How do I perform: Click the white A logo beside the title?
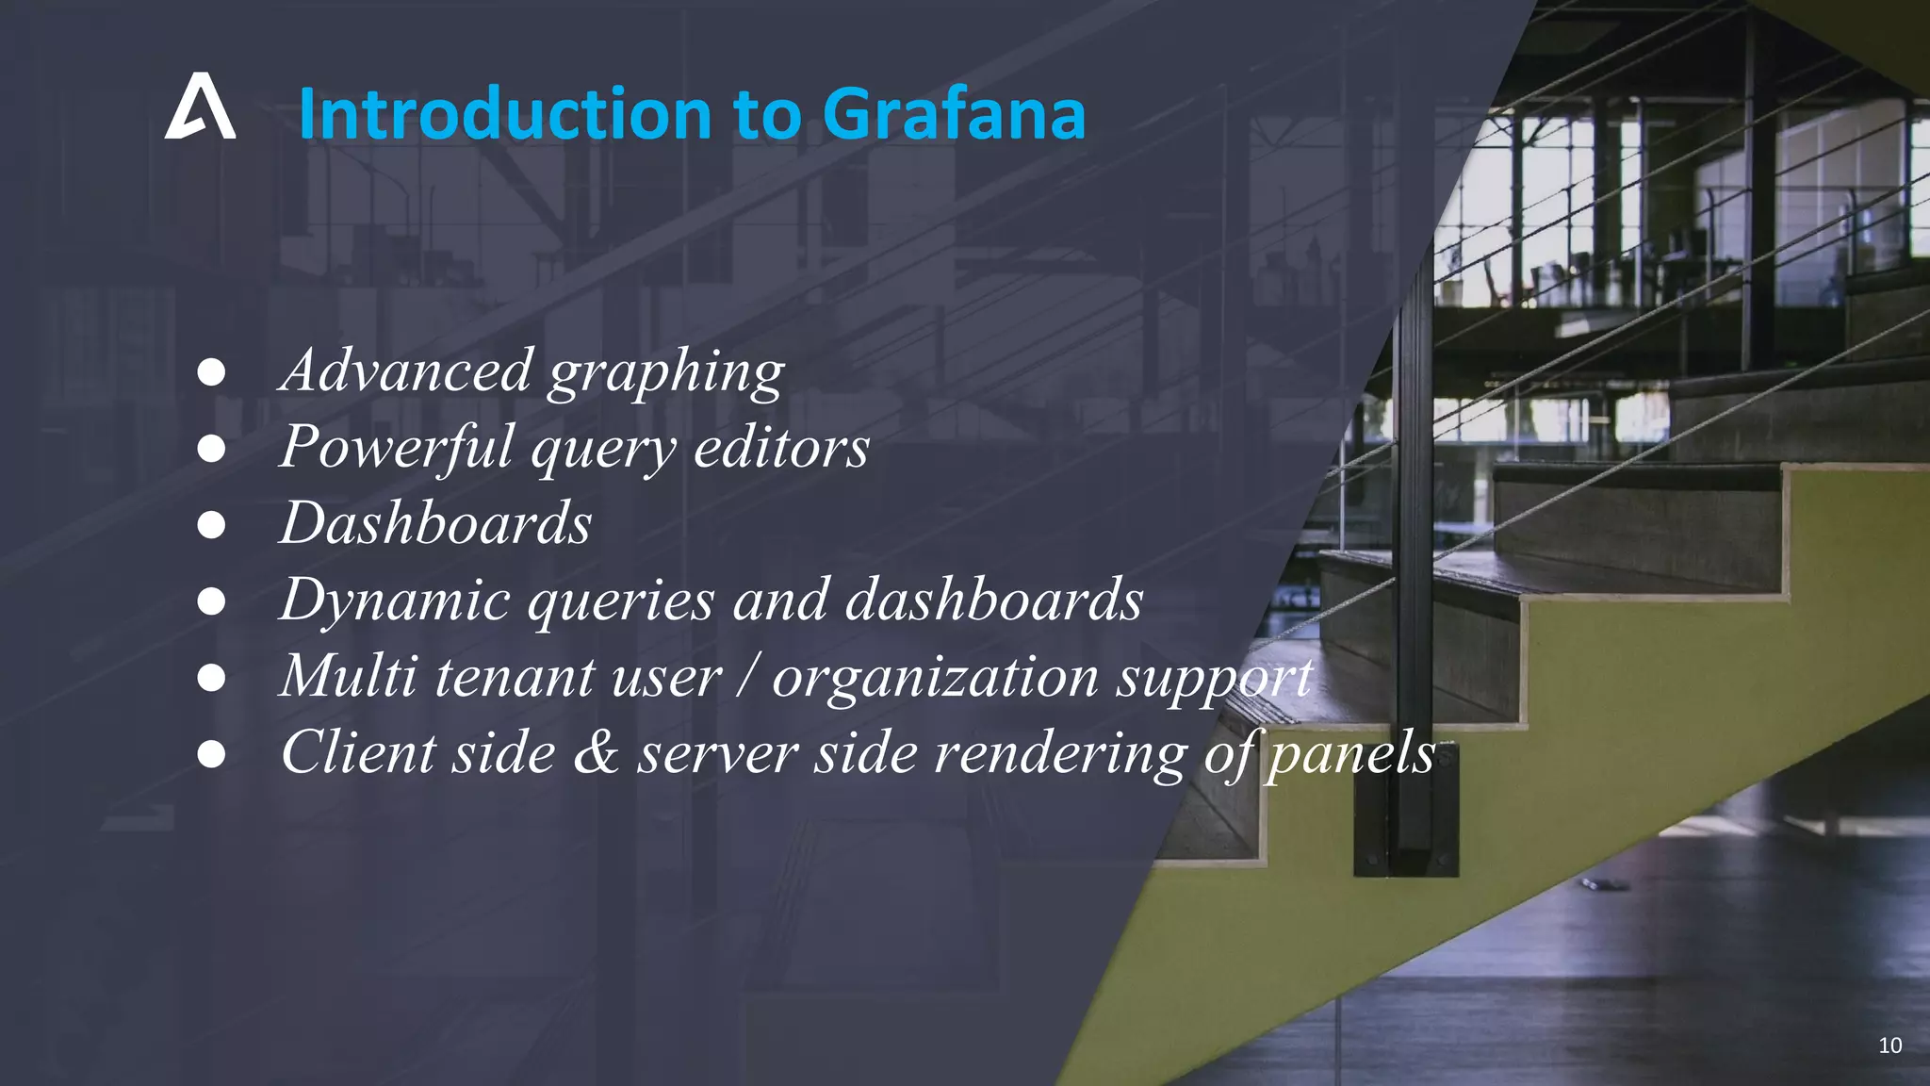(200, 107)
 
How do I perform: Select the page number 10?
(1889, 1045)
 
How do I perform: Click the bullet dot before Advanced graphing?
(211, 372)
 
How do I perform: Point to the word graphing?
(666, 372)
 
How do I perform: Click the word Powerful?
(396, 447)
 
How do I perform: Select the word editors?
(781, 447)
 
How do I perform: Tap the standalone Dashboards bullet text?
(435, 523)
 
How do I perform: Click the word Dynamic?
(396, 600)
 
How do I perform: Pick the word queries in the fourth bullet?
(620, 600)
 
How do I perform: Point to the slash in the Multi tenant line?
(747, 676)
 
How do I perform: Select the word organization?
(935, 676)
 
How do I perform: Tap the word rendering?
(1059, 754)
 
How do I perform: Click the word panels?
(1350, 754)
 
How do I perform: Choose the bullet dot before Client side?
(211, 753)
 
